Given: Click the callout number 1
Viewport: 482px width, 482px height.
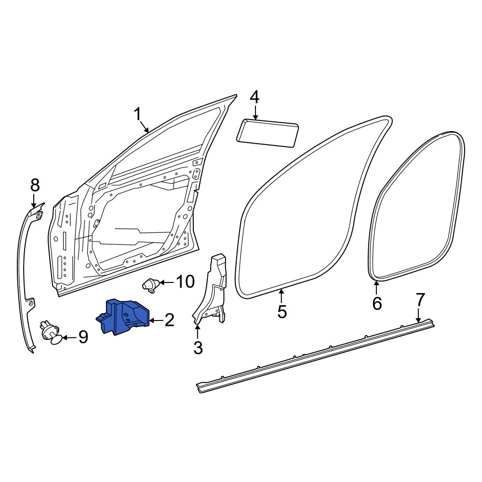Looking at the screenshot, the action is (137, 114).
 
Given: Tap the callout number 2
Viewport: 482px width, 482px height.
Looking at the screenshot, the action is (169, 320).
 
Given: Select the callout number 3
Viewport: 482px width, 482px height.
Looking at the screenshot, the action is (198, 348).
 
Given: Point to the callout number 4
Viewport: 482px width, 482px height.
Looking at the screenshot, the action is (254, 97).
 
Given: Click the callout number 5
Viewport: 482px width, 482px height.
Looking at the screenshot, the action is (282, 312).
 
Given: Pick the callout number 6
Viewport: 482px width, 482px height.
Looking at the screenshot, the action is (377, 303).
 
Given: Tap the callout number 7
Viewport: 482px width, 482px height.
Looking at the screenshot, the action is (420, 300).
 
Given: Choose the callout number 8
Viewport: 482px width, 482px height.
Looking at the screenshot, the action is (35, 186).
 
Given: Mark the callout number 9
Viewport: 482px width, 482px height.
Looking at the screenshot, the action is (83, 337).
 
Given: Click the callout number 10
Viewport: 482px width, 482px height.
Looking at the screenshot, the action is (186, 281).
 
